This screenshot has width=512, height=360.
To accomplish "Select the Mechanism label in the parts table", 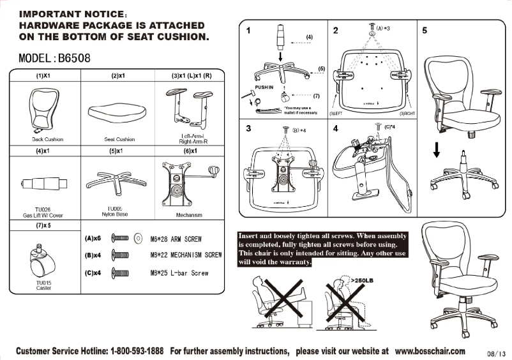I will pos(188,216).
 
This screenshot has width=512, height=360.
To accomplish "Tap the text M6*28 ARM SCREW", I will pos(176,239).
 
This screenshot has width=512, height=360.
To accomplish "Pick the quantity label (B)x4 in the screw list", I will pos(93,256).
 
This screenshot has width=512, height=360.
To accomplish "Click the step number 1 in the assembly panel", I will pos(248,30).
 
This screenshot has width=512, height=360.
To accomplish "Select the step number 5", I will pos(425,30).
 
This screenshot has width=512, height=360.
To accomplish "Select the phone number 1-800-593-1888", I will pos(137,351).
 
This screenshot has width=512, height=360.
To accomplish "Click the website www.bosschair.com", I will pos(430,351).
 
